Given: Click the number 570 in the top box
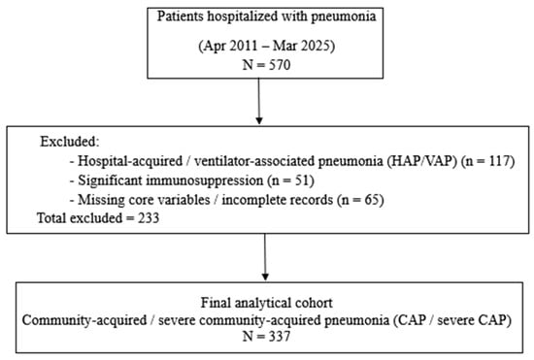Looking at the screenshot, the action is coord(280,65).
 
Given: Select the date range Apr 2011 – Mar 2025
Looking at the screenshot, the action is coord(267,46).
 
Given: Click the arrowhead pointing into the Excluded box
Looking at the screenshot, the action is coord(259,120).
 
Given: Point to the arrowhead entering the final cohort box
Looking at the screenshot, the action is coord(265,277).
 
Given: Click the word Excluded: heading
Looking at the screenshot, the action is coord(70,142).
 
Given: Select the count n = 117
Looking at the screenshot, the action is coord(487,161).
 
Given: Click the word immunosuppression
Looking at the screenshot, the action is coord(205,180).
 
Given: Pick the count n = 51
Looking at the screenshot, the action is coord(290,180).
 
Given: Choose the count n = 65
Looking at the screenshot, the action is coord(360,199).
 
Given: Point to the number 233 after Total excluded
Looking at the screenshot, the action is coord(149,218).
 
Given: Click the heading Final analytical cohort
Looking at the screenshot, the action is coord(267,303).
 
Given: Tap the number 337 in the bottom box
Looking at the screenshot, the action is coord(280,336).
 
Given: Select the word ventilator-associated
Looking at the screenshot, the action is coord(254,161).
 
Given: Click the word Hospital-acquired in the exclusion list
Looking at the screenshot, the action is coord(130,161).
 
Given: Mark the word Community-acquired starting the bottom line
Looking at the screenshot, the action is coord(84,320).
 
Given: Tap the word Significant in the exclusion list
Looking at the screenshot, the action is coord(111,180).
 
